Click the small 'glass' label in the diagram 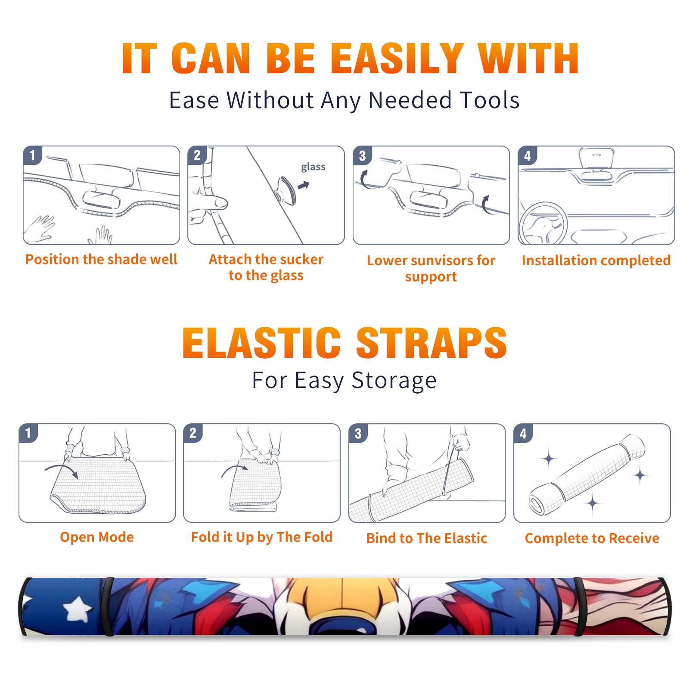pos(313,167)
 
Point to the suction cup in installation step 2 pos(286,190)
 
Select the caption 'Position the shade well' pos(101,259)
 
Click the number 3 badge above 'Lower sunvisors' pos(362,156)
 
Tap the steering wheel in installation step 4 pos(543,224)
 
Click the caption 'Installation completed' pos(596,261)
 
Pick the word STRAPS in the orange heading pos(431,343)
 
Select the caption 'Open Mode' pos(97,537)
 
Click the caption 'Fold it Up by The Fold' pos(262,537)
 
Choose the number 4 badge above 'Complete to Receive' pos(523,433)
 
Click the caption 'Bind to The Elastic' pos(427,538)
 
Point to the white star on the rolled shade pos(78,608)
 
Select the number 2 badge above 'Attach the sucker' pos(197,155)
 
